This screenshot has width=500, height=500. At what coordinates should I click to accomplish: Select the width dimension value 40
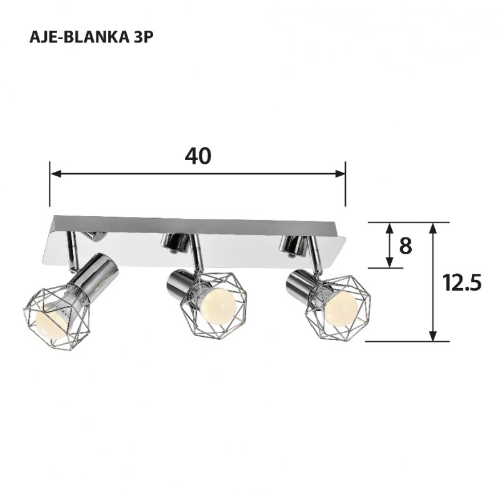198,156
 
